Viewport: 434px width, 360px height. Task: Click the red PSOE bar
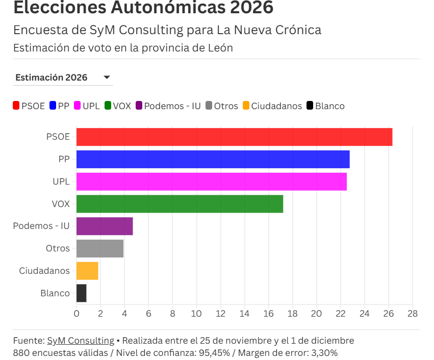[x=234, y=137]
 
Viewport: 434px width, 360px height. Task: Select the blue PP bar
[x=213, y=159]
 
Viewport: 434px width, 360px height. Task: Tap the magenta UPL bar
[x=211, y=182]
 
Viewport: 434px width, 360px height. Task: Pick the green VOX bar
[x=180, y=204]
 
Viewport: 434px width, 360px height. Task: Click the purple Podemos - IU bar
[x=105, y=226]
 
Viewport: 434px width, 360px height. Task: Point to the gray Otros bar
[x=100, y=248]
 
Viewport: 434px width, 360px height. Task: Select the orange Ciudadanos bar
[x=87, y=271]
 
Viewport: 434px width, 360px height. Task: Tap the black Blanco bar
[x=82, y=293]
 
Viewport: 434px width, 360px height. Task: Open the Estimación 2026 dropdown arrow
[x=107, y=78]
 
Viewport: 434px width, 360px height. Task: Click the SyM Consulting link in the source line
[x=81, y=341]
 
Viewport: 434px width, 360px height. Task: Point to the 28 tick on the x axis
[x=412, y=314]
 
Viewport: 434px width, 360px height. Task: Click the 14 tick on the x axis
[x=244, y=314]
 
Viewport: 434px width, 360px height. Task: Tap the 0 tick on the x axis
[x=76, y=314]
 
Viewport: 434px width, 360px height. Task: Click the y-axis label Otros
[x=58, y=248]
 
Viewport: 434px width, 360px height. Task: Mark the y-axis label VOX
[x=61, y=204]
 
